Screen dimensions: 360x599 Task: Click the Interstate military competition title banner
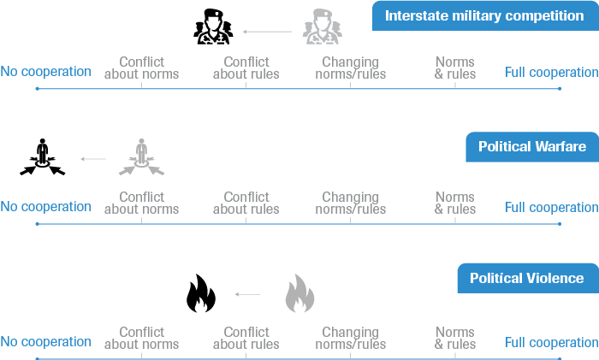(x=484, y=15)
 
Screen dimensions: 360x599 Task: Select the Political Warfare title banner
(x=531, y=147)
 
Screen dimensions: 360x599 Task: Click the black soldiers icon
(x=211, y=27)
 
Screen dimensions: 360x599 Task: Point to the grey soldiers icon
(x=321, y=27)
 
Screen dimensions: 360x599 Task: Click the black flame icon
(x=201, y=293)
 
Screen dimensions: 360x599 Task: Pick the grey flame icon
(x=299, y=293)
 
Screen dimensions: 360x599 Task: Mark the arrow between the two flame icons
(x=248, y=294)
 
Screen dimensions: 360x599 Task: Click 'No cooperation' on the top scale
(x=45, y=72)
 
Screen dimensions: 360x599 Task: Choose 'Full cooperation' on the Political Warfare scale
(x=551, y=207)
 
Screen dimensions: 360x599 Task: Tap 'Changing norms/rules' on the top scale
(x=351, y=68)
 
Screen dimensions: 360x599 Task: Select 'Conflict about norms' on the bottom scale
(x=141, y=339)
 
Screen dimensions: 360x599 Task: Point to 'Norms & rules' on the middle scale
(x=455, y=204)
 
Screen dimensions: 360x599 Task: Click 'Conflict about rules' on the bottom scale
(x=246, y=339)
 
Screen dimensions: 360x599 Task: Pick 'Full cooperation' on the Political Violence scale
(x=551, y=342)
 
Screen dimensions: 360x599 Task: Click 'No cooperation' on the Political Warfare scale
(x=45, y=207)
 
